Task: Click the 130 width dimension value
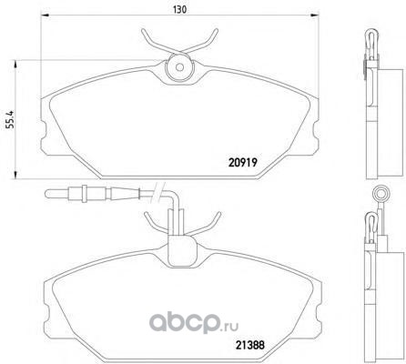coord(179,9)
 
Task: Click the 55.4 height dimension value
coord(10,120)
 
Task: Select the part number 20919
coord(243,163)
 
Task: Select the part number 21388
coord(250,345)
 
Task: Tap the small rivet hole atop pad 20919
coord(179,67)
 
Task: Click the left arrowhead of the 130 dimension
coord(45,15)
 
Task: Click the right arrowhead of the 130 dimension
coord(315,15)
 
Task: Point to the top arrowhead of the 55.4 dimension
coord(15,64)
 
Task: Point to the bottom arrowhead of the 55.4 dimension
coord(15,175)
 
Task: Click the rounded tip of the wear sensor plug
coord(47,194)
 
